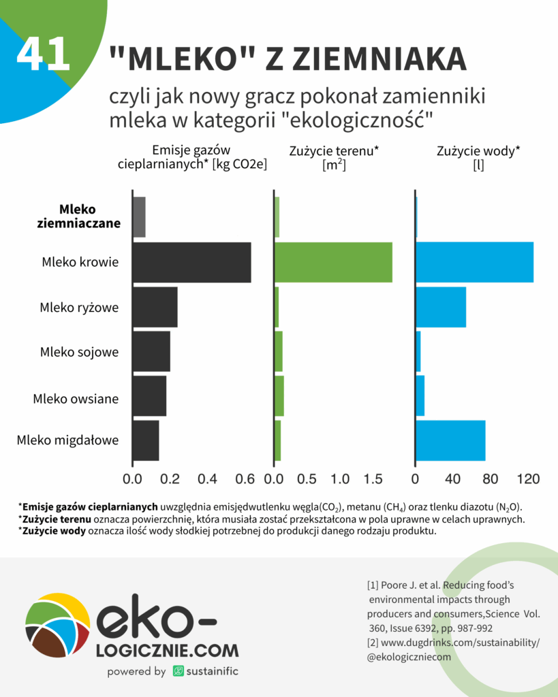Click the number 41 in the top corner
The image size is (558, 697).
coord(43,54)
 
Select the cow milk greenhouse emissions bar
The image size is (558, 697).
coord(191,262)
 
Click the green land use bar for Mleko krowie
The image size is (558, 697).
coord(333,262)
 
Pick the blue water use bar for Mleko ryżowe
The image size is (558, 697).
coord(441,307)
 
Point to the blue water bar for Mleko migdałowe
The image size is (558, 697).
coord(450,440)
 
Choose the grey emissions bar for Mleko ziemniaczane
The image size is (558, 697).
coord(138,217)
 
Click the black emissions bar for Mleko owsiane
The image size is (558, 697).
coord(149,395)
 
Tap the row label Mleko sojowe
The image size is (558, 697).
coord(79,352)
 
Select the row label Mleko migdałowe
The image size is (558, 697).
coord(67,440)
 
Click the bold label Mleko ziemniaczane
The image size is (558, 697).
coord(78,216)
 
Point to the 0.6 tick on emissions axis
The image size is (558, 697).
coord(245,479)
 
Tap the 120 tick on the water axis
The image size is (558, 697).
coord(529,479)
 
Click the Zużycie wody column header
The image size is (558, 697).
coord(478,157)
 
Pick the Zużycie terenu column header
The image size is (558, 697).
coord(334,157)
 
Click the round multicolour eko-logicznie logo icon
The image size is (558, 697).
coord(57,625)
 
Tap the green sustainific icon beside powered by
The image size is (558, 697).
coord(179,671)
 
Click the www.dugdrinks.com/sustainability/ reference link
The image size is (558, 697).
coord(453,643)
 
